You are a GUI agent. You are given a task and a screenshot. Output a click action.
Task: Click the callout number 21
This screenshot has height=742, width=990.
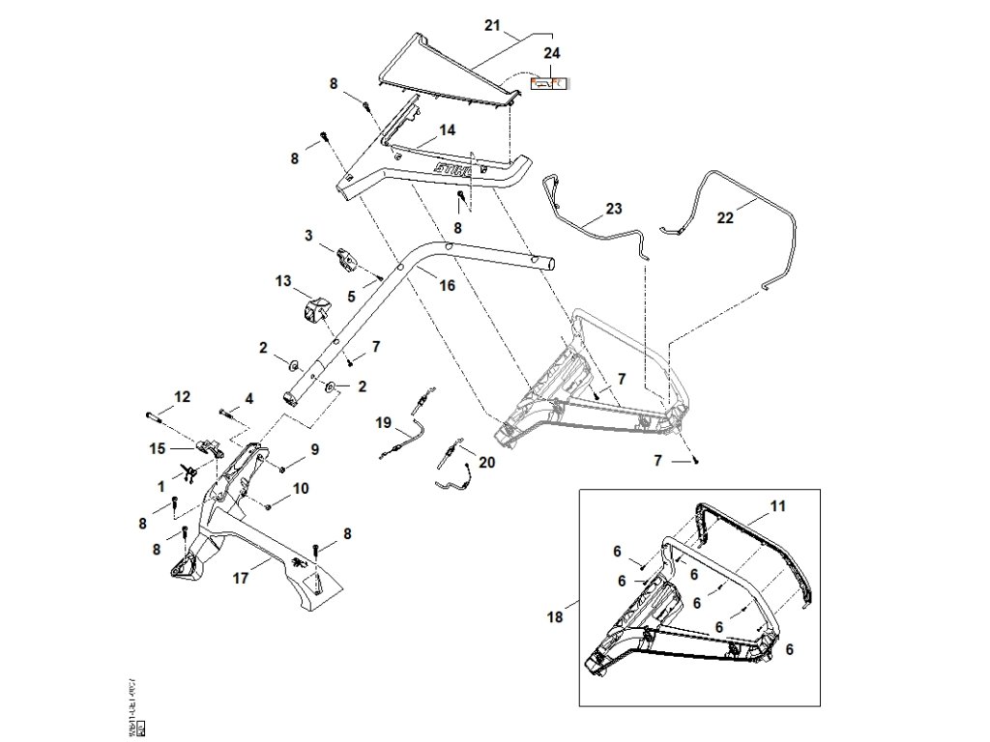[494, 24]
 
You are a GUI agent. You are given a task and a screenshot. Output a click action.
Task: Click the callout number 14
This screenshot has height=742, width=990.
[448, 129]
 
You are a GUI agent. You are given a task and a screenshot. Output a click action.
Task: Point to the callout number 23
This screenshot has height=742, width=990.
[615, 208]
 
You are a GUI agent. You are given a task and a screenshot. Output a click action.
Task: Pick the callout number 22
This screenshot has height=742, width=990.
[725, 218]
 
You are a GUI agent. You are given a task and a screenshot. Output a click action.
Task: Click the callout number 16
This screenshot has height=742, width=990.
[447, 286]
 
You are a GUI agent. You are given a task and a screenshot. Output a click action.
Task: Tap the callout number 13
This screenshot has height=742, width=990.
[282, 280]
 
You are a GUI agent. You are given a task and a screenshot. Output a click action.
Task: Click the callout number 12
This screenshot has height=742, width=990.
[182, 396]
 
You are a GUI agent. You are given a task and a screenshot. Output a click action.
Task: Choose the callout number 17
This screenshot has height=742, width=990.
[241, 579]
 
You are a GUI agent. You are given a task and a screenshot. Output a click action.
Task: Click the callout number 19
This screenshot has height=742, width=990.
[384, 423]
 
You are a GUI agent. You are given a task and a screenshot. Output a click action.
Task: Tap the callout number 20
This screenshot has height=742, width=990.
[486, 463]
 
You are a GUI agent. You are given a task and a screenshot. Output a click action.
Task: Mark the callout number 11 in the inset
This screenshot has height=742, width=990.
[779, 506]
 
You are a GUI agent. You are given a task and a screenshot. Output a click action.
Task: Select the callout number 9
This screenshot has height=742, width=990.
[314, 448]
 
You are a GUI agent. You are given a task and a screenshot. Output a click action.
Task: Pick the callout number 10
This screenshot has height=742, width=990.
[301, 489]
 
